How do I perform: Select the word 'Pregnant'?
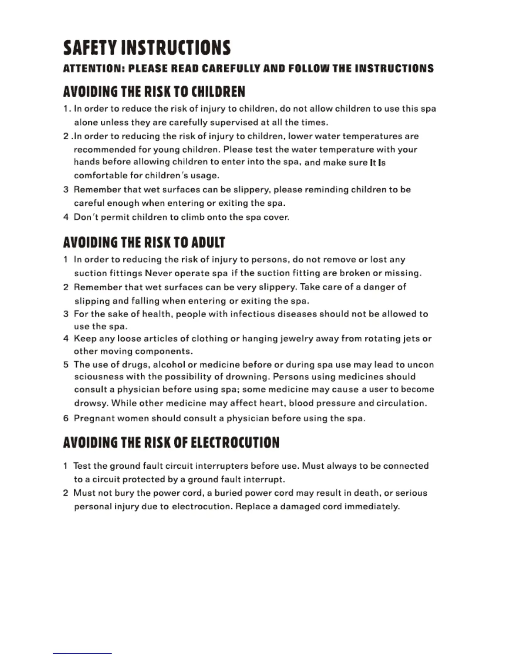pos(94,418)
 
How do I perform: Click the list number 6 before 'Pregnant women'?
pos(66,418)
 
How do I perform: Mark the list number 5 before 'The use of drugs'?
pos(66,365)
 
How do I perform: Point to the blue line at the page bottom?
pos(82,653)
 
